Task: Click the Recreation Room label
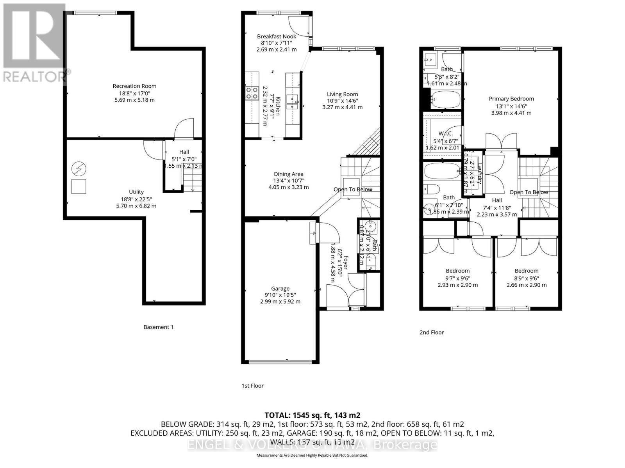coord(134,86)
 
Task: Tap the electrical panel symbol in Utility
coord(79,169)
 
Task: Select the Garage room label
coord(280,289)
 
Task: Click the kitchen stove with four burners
coord(252,93)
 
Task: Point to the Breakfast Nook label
coord(277,36)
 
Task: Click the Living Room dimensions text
coord(342,104)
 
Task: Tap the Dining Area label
coord(288,174)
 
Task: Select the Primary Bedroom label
coord(511,99)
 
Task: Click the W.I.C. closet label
coord(445,133)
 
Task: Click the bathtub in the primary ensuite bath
coord(445,99)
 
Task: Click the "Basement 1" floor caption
coord(158,327)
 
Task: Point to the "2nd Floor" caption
coord(432,332)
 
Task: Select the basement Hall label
coord(184,152)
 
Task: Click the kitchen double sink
coord(292,101)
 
